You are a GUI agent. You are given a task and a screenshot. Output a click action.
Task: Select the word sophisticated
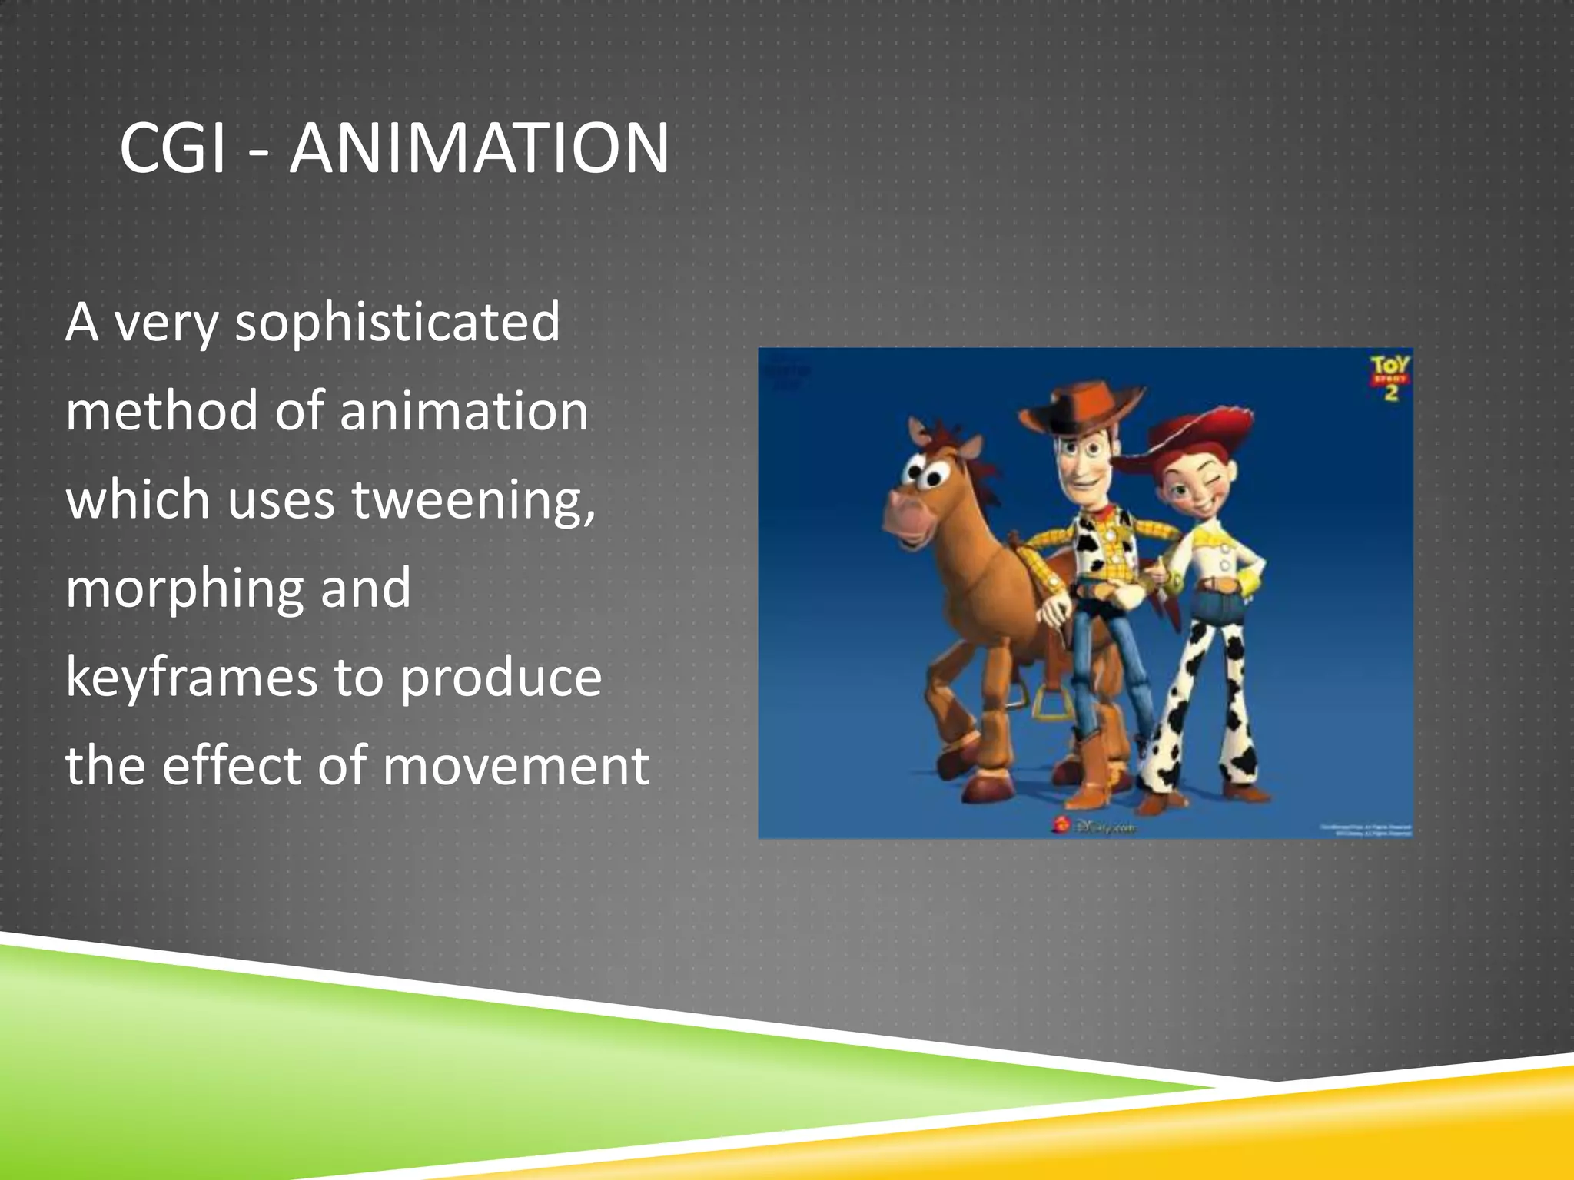[397, 323]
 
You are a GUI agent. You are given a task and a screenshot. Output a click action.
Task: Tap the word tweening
[473, 500]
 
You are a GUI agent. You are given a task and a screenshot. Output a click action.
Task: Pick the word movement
[516, 766]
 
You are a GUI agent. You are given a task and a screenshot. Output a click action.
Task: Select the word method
[162, 411]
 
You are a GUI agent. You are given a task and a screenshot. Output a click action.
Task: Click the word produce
[501, 678]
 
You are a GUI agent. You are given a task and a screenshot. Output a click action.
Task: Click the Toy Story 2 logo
[1390, 377]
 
